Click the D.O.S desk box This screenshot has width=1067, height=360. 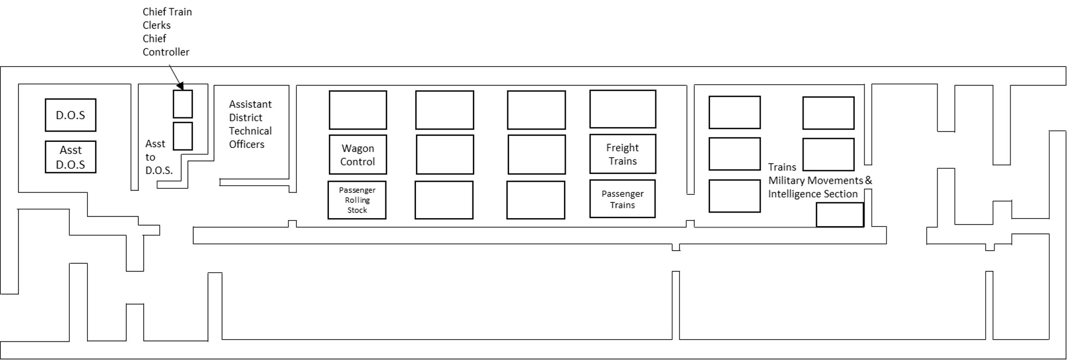coord(70,115)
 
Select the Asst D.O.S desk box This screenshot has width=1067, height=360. coord(70,157)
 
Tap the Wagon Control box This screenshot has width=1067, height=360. coord(358,154)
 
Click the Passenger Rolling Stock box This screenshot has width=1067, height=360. coord(357,200)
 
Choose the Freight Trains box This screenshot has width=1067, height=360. coord(623,154)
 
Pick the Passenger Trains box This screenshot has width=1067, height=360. coord(622,199)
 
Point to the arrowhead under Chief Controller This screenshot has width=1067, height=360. coord(180,85)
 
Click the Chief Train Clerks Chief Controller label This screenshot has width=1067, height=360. coord(167,32)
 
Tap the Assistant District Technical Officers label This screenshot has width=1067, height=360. coord(250,124)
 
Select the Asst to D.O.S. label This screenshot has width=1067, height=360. coord(159,157)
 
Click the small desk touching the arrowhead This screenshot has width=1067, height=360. coord(183,104)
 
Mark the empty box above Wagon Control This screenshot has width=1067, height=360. coord(358,110)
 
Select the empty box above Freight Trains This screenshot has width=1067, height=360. coord(623,109)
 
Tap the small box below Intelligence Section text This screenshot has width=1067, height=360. coord(839,215)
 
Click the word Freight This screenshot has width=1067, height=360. coord(622,147)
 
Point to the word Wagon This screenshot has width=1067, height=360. coord(358,148)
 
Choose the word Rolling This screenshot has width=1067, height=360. coord(357,200)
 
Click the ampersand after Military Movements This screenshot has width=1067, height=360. coord(868,180)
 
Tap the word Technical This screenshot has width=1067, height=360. coord(250,131)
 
